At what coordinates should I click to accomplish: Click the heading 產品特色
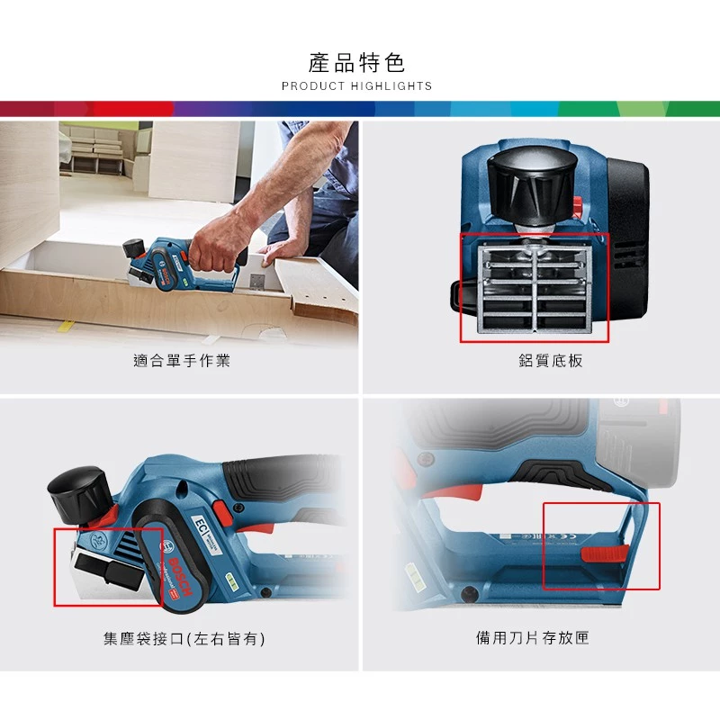(357, 62)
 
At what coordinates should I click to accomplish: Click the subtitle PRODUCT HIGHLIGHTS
(357, 86)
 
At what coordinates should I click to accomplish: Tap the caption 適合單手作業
(182, 361)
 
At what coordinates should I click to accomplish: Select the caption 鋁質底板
(539, 361)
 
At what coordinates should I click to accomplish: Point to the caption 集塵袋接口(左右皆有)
(184, 639)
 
